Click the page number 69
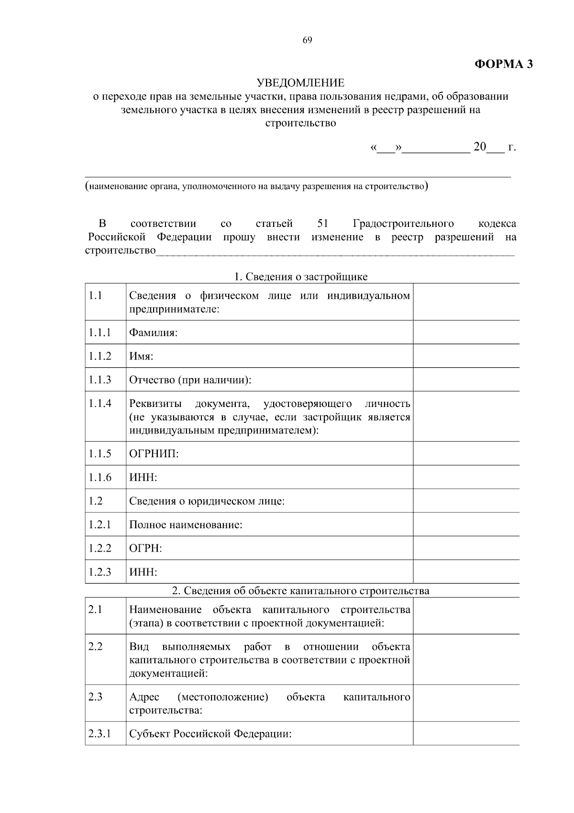click(x=307, y=40)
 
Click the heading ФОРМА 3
click(x=503, y=64)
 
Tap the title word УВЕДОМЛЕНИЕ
click(x=300, y=83)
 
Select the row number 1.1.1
click(x=99, y=332)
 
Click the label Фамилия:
click(x=153, y=332)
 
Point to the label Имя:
click(x=141, y=356)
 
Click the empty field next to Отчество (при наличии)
click(x=466, y=380)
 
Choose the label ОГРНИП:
click(x=154, y=453)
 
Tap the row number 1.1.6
click(x=99, y=477)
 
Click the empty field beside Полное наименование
click(x=466, y=524)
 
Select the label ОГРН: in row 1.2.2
click(x=145, y=548)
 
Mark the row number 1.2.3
click(x=99, y=572)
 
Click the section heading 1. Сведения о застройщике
click(x=300, y=277)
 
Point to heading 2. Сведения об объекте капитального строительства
click(x=300, y=590)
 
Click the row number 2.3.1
click(x=99, y=734)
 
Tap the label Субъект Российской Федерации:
click(x=210, y=734)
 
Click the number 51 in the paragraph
click(x=322, y=224)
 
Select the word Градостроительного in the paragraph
click(x=403, y=224)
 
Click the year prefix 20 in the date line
click(x=479, y=147)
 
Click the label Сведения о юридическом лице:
click(x=207, y=501)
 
